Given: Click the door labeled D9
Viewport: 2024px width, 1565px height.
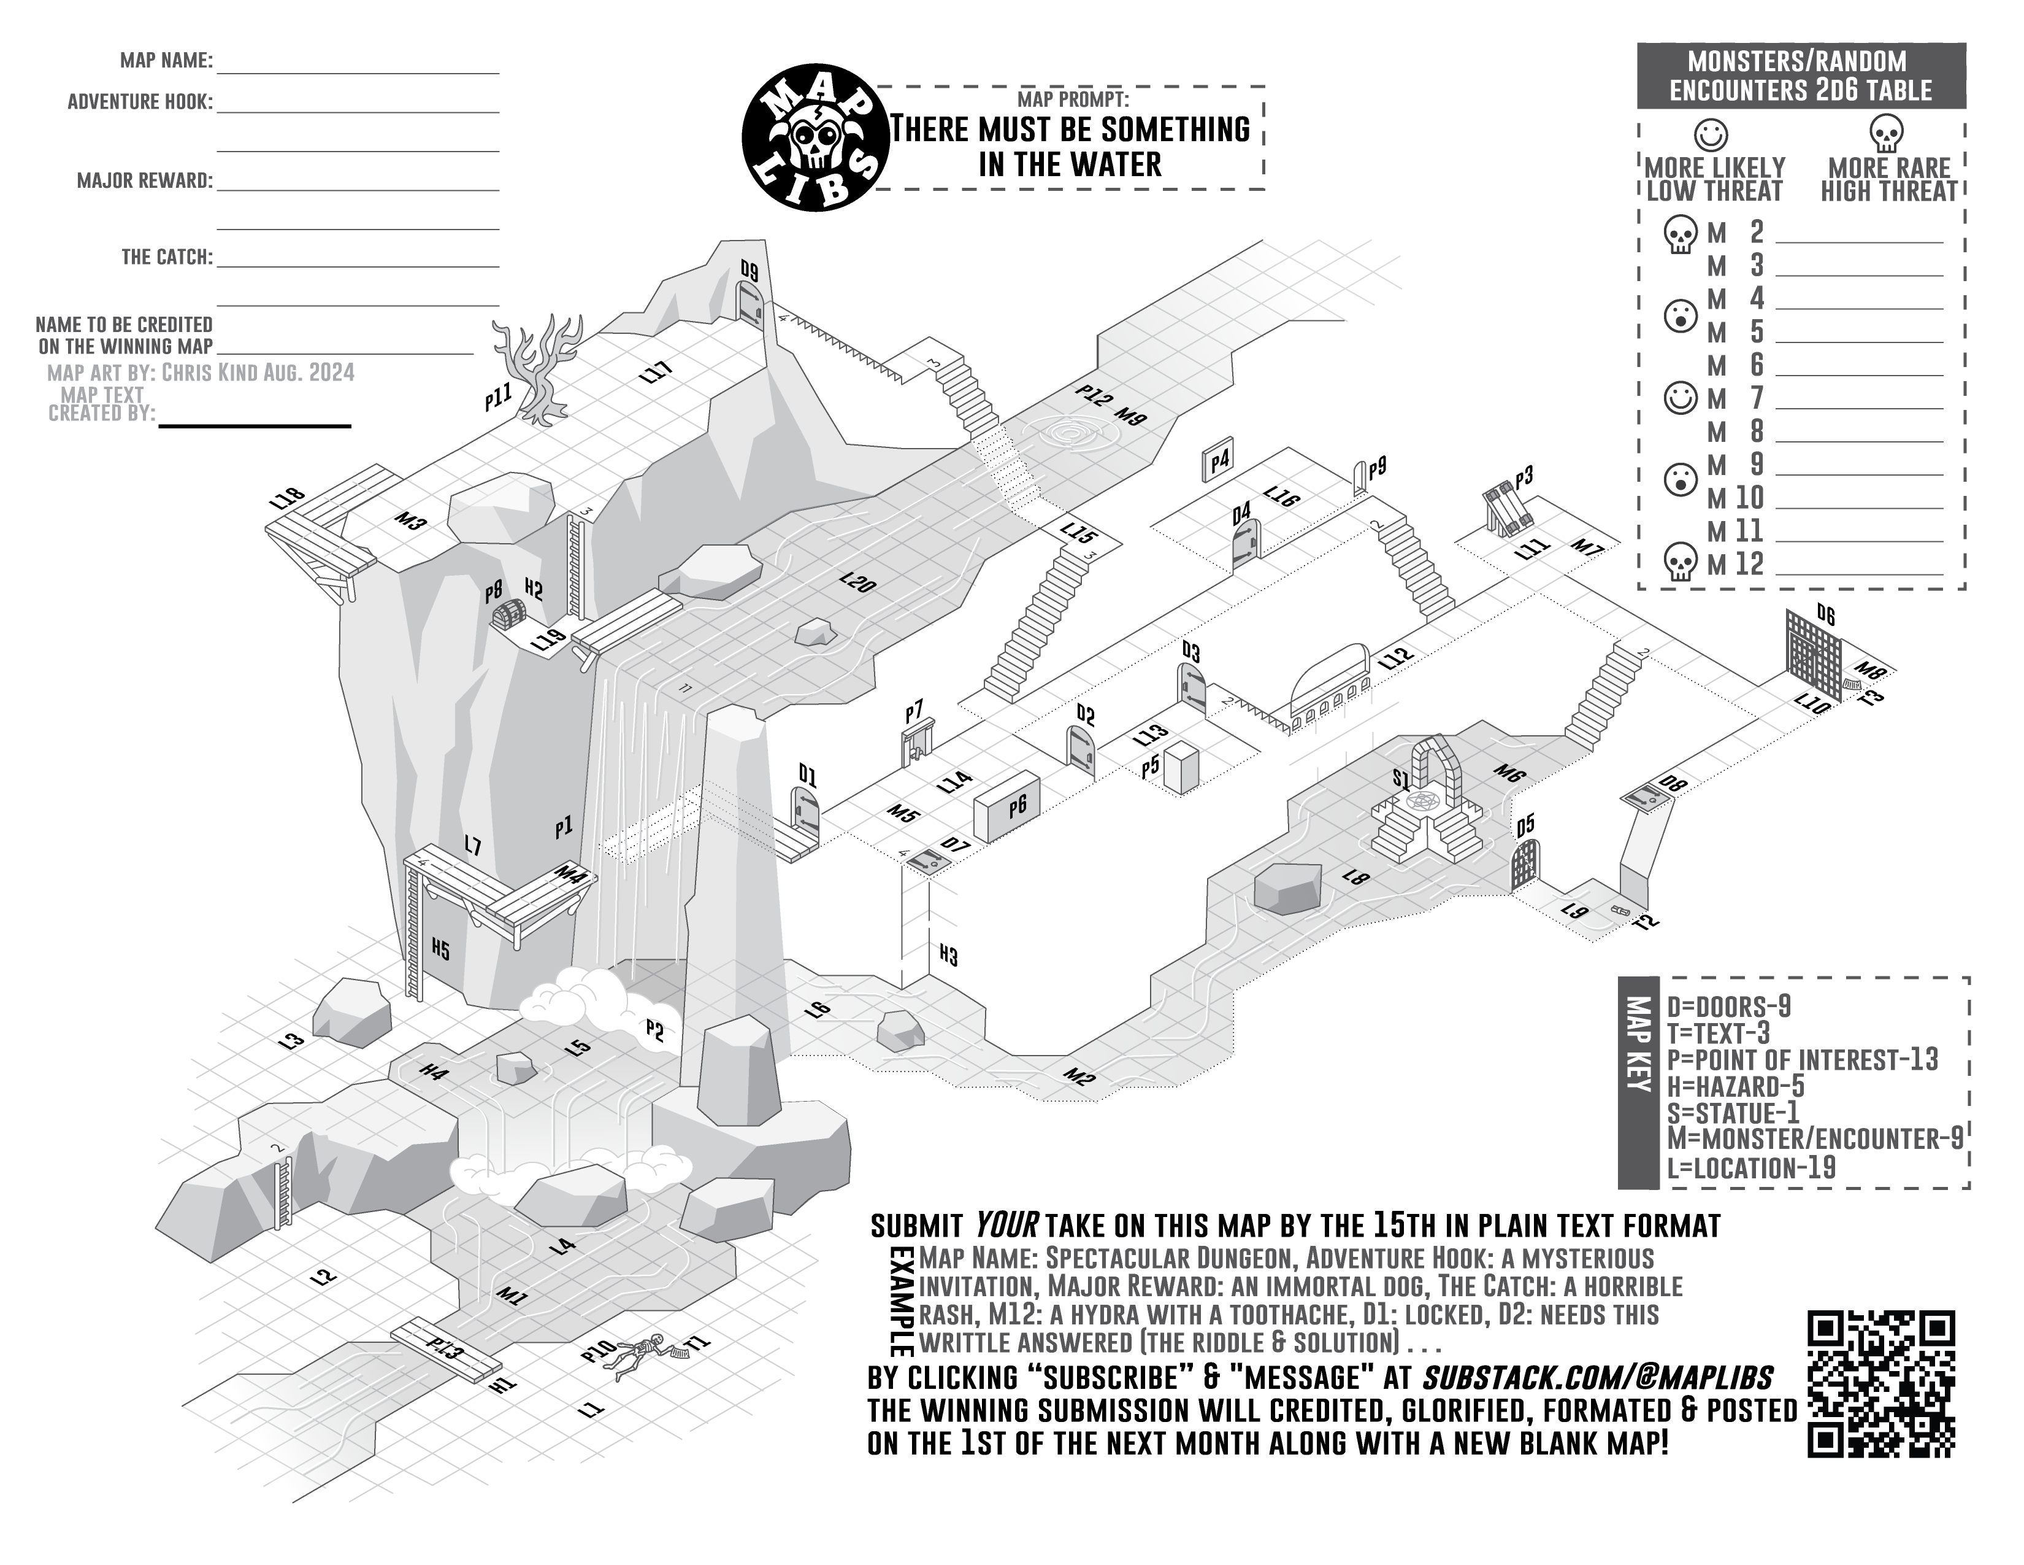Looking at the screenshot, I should tap(749, 302).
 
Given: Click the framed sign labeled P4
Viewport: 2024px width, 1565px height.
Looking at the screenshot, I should tap(1217, 461).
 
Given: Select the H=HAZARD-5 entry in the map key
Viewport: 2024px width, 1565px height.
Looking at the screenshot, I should tap(1722, 1086).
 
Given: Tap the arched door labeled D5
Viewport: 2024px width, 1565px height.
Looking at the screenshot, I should tap(1525, 864).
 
